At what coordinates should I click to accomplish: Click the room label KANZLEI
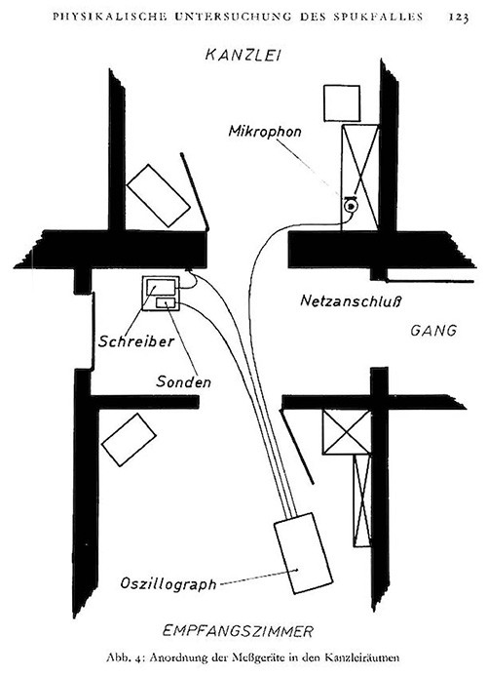pyautogui.click(x=243, y=55)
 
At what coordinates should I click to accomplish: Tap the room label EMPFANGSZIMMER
pyautogui.click(x=238, y=631)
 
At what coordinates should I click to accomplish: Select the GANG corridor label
pyautogui.click(x=433, y=331)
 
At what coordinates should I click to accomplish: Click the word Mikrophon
pyautogui.click(x=265, y=132)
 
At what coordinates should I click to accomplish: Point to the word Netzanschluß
pyautogui.click(x=351, y=300)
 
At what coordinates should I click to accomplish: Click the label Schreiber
pyautogui.click(x=136, y=341)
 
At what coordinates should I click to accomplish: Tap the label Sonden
pyautogui.click(x=183, y=381)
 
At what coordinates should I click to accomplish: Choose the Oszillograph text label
pyautogui.click(x=169, y=583)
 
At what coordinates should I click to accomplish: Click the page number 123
pyautogui.click(x=458, y=17)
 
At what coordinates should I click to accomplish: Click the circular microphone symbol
pyautogui.click(x=351, y=206)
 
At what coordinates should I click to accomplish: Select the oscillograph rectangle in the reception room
pyautogui.click(x=303, y=553)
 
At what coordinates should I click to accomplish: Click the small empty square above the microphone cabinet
pyautogui.click(x=342, y=103)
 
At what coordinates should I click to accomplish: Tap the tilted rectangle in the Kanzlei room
pyautogui.click(x=158, y=195)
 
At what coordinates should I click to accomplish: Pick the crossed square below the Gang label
pyautogui.click(x=347, y=432)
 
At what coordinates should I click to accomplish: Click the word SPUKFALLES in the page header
pyautogui.click(x=378, y=17)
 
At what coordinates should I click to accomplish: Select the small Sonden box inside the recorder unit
pyautogui.click(x=166, y=303)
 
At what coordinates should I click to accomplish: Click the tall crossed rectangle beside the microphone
pyautogui.click(x=359, y=178)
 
